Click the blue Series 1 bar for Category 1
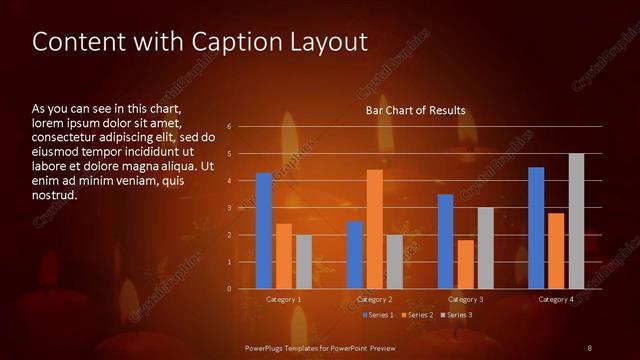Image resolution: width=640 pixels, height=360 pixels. tap(264, 231)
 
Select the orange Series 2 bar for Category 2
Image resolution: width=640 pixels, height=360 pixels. tap(375, 229)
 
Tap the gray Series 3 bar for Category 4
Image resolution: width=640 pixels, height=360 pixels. tap(576, 221)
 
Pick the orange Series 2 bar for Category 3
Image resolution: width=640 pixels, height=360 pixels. tap(466, 264)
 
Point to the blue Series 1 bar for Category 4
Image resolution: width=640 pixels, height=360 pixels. tap(536, 228)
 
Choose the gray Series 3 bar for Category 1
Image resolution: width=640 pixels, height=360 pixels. tap(303, 262)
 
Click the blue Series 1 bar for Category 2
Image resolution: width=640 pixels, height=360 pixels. tap(355, 255)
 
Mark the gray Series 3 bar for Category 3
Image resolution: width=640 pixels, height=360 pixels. tap(485, 248)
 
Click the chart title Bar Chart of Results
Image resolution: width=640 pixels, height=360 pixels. tap(415, 110)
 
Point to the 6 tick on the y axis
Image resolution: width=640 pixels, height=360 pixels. tap(230, 127)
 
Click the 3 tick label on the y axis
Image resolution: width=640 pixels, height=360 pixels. tap(230, 208)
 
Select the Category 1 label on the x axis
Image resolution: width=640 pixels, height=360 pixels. tap(283, 299)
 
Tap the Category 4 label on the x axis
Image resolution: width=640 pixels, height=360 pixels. tap(556, 299)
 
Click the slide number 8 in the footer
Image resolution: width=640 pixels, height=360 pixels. tap(589, 347)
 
